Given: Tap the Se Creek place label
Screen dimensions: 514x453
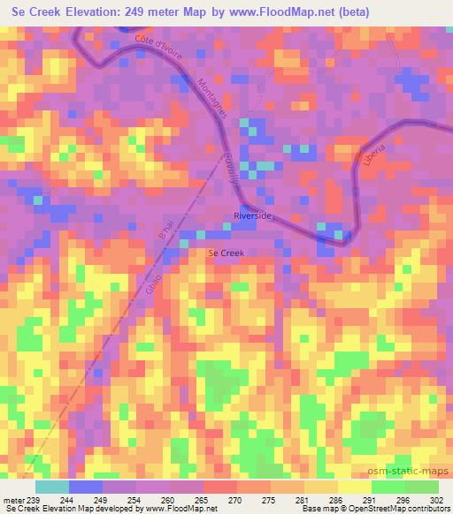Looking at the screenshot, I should [225, 253].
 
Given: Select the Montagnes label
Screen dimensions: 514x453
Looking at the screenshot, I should [213, 99].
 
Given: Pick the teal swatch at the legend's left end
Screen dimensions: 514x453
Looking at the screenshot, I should [51, 487].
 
